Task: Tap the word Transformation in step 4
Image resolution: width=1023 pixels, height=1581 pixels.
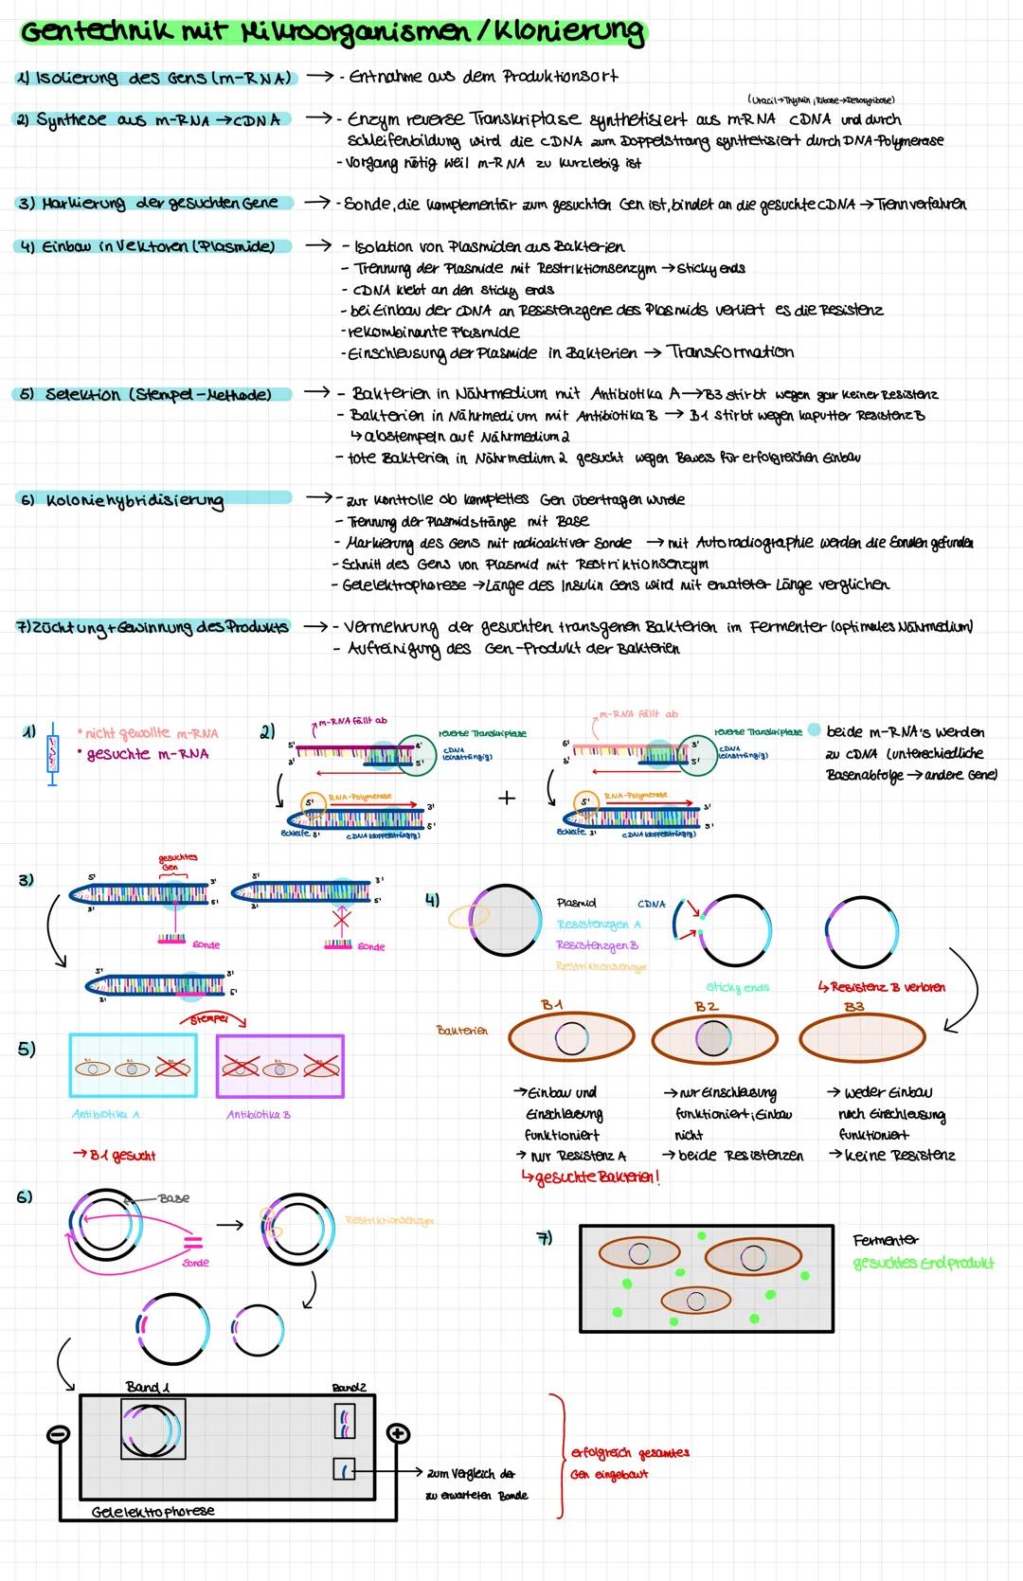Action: pyautogui.click(x=729, y=351)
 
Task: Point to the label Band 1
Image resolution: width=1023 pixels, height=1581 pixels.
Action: pyautogui.click(x=148, y=1387)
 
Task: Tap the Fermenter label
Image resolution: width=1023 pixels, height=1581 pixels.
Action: pyautogui.click(x=886, y=1240)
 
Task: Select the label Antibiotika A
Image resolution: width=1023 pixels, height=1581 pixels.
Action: pyautogui.click(x=105, y=1114)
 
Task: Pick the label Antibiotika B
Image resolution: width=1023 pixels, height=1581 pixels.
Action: pyautogui.click(x=259, y=1114)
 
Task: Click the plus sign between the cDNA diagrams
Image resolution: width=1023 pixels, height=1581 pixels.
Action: pyautogui.click(x=507, y=798)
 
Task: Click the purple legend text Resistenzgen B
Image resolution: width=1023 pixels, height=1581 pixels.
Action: pyautogui.click(x=597, y=945)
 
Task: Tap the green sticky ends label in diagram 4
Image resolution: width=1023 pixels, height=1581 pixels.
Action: pyautogui.click(x=738, y=987)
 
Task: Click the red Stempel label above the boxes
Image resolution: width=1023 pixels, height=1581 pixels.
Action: pyautogui.click(x=211, y=1020)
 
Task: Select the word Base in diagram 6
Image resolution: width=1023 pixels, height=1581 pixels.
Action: pyautogui.click(x=173, y=1198)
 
